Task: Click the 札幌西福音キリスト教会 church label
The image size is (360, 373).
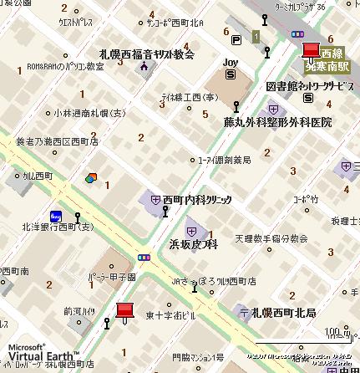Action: (x=146, y=53)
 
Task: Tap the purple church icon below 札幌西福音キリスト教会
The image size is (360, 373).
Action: (x=145, y=66)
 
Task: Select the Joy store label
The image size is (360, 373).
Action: (x=231, y=62)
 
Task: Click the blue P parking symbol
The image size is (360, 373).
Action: (x=238, y=39)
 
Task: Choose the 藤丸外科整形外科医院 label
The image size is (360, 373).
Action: (x=277, y=122)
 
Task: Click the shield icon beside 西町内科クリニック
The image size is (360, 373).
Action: (x=155, y=199)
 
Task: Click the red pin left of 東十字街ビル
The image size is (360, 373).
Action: (x=124, y=312)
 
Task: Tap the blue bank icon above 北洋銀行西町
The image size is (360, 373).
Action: (x=55, y=213)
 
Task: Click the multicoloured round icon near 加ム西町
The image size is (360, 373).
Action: (x=91, y=177)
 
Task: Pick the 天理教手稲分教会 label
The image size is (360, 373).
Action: (x=271, y=238)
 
